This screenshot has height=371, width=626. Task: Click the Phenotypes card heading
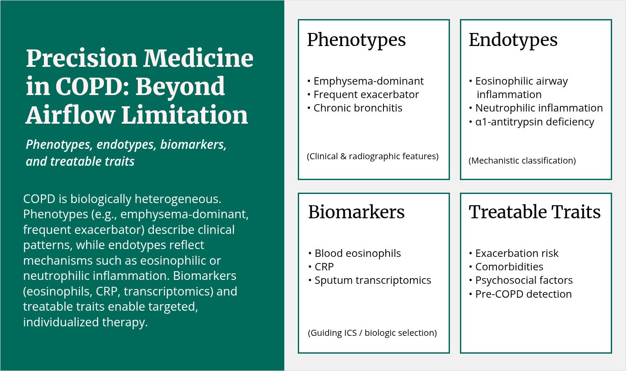click(356, 40)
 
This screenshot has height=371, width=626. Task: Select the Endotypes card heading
click(513, 40)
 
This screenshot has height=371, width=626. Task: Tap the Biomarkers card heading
click(356, 212)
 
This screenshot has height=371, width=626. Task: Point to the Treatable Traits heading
click(535, 212)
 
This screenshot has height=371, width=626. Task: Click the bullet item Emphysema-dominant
click(366, 81)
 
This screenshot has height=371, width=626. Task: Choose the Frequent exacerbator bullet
click(363, 95)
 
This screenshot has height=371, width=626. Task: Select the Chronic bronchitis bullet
click(355, 108)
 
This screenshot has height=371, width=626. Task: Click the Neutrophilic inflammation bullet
click(536, 108)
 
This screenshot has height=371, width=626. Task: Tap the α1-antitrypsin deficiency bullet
click(532, 122)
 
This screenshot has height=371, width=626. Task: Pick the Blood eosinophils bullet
click(354, 253)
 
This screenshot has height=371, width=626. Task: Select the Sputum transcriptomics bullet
click(370, 280)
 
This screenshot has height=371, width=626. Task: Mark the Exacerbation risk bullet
click(514, 253)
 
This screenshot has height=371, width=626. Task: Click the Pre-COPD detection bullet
click(520, 294)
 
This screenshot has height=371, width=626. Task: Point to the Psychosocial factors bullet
click(521, 280)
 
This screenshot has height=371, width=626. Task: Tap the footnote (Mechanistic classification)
click(522, 161)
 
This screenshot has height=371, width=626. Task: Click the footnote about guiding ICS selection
click(372, 333)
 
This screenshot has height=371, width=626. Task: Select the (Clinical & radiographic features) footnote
click(373, 156)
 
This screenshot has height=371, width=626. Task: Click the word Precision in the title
click(82, 58)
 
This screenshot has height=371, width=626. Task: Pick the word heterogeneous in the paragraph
click(178, 199)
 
